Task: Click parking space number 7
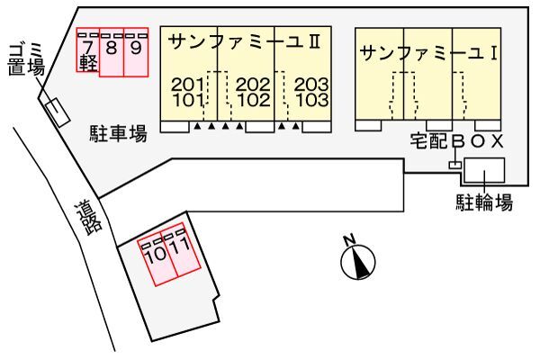click(88, 49)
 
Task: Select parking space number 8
click(112, 52)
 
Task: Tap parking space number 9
click(136, 52)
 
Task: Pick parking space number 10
click(157, 263)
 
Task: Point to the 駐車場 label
click(119, 134)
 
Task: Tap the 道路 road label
click(89, 219)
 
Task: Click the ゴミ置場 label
click(26, 59)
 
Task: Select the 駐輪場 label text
click(484, 202)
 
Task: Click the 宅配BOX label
click(456, 141)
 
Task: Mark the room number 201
click(187, 85)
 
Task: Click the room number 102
click(254, 100)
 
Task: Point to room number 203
click(311, 85)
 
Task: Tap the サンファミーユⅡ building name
click(245, 42)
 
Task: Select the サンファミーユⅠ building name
click(428, 53)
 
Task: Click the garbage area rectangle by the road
click(58, 112)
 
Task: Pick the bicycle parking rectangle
click(484, 170)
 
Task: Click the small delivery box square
click(454, 166)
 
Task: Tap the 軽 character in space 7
click(88, 63)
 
